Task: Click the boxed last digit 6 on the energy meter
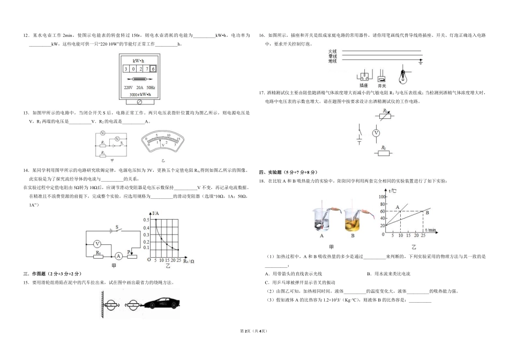click(153, 69)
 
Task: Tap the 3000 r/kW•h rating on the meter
click(140, 94)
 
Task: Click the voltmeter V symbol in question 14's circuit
click(98, 244)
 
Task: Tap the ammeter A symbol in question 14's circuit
click(117, 256)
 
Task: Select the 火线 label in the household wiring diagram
click(333, 51)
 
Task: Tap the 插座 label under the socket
click(364, 85)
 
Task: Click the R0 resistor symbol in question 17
click(383, 153)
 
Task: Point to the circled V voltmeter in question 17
click(376, 132)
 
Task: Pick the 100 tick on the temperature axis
click(383, 197)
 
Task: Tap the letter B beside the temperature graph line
click(427, 213)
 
